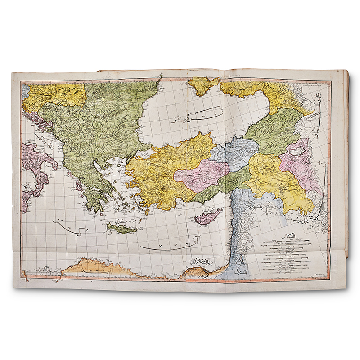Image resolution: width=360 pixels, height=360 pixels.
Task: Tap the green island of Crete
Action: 119,228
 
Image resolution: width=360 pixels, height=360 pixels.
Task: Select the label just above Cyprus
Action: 209,208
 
